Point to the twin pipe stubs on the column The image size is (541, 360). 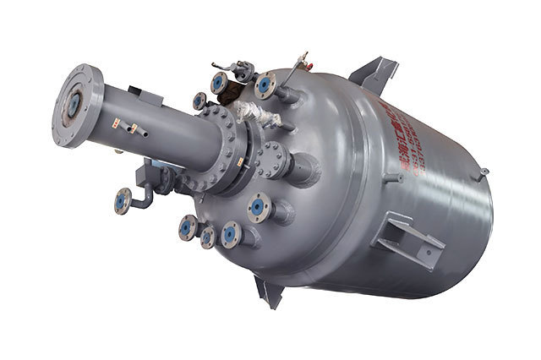point(129,128)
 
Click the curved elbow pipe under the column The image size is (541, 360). point(149,195)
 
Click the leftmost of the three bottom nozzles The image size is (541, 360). point(188,226)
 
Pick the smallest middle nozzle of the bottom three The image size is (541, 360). point(207,237)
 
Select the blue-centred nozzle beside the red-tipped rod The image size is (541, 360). point(265,84)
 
